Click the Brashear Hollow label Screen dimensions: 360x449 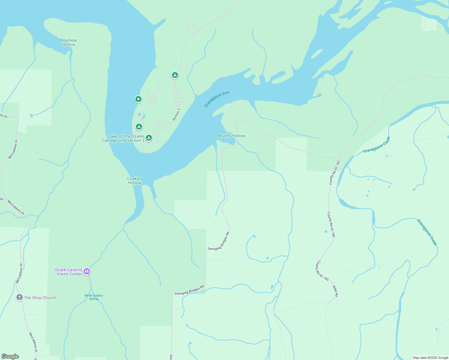coord(68,42)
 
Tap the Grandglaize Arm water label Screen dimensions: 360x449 coord(217,99)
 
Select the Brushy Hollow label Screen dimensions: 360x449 coord(231,136)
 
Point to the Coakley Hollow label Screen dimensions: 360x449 coord(134,181)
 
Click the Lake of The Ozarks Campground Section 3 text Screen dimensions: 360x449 coord(123,138)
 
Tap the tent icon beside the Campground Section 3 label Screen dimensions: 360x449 coord(149,138)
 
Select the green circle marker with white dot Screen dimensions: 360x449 coord(138,99)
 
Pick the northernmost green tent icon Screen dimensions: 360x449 coord(175,75)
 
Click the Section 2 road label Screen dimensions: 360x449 coord(176,115)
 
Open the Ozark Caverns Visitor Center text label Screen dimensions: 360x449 coord(69,272)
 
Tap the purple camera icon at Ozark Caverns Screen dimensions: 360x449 coord(87,271)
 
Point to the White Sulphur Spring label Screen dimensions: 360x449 coord(94,297)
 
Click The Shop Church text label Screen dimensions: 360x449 coord(40,298)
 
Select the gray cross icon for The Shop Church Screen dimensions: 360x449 coord(19,297)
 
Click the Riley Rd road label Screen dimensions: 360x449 coord(335,291)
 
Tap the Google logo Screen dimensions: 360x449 coord(10,356)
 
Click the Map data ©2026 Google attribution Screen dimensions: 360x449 coord(430,358)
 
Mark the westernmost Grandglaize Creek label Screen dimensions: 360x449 coord(377,145)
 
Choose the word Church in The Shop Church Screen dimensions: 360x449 coord(49,298)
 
